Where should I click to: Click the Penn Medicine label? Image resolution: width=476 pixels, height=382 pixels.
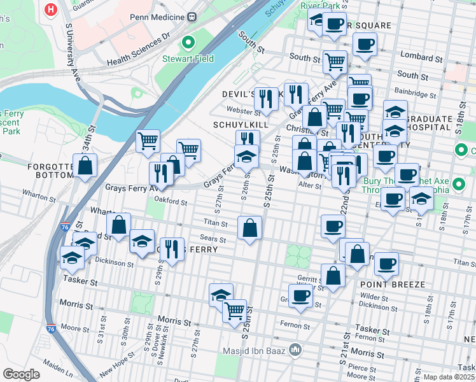(x=156, y=18)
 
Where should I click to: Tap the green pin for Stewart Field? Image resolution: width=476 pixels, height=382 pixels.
(x=188, y=43)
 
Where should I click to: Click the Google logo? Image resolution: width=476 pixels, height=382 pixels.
(x=21, y=374)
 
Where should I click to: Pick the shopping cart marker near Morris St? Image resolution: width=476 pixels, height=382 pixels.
(x=234, y=311)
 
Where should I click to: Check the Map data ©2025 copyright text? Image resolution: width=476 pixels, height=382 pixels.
(x=448, y=376)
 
